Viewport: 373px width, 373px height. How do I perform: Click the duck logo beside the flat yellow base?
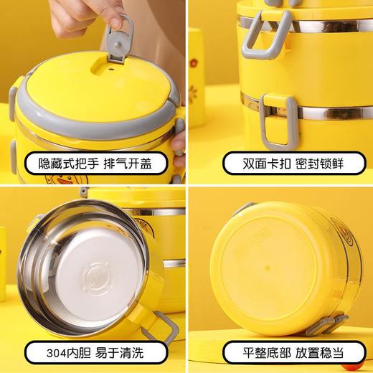[x=344, y=236]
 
